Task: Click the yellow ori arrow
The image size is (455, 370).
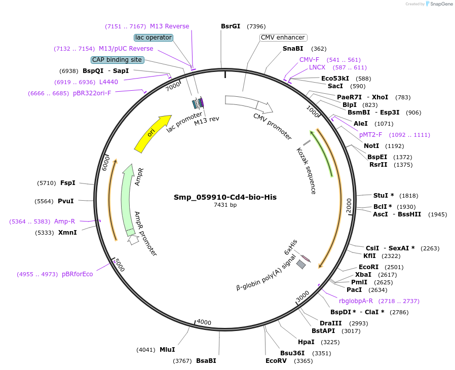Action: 152,133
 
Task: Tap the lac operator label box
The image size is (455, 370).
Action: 154,38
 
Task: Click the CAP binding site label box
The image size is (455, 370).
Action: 117,60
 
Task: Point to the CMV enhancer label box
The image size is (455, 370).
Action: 283,38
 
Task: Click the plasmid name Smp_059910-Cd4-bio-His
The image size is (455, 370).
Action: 225,197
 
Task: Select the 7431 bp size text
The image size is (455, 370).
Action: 225,205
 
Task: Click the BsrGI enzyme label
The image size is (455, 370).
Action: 231,26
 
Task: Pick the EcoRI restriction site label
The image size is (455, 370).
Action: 368,267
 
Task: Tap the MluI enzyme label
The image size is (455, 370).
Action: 167,350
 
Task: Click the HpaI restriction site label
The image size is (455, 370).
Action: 306,342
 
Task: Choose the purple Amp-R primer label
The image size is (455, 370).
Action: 64,221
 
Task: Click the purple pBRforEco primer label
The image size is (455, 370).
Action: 78,274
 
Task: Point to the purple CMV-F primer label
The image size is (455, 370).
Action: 309,60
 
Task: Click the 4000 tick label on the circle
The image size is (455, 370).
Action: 204,322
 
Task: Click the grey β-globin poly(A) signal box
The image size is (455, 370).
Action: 301,264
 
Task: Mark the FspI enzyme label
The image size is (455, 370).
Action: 67,182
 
